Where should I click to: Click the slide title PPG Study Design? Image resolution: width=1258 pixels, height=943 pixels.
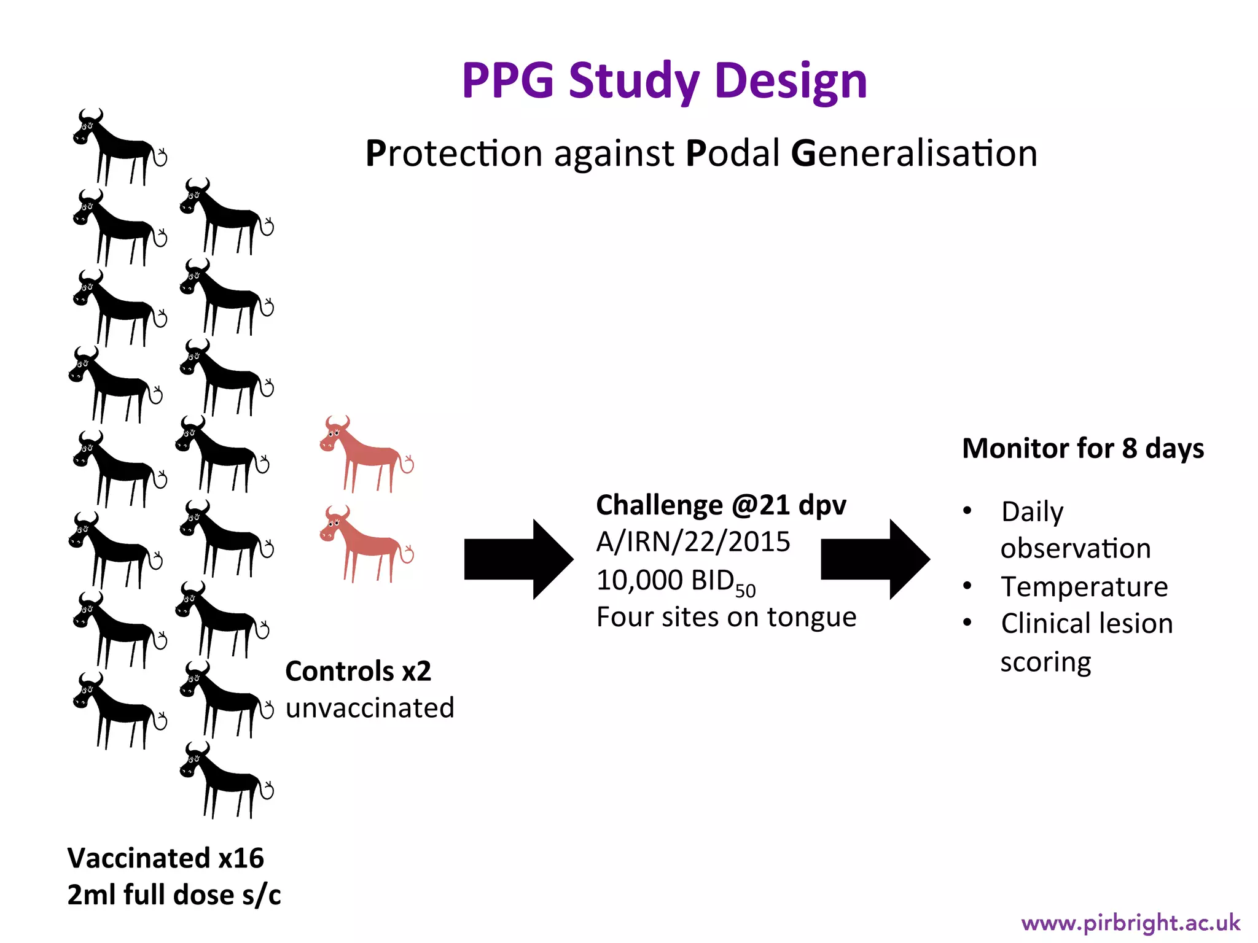point(664,81)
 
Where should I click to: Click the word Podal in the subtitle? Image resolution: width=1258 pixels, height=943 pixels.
point(732,153)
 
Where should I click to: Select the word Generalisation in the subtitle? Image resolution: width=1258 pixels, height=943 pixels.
point(914,153)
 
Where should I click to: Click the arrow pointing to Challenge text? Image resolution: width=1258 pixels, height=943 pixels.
point(518,559)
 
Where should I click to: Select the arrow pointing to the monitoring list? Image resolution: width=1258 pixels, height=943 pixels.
point(874,559)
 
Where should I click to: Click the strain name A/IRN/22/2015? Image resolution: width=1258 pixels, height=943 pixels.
point(693,542)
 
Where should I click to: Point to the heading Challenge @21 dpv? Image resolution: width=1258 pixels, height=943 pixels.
point(721,506)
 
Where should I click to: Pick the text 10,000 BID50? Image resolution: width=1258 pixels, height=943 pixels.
point(676,581)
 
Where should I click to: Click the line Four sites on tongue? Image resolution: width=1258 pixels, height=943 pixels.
point(726,618)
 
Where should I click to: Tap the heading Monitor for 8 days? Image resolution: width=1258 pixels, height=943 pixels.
point(1082,449)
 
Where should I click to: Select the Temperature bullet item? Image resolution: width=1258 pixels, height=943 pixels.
point(1084,587)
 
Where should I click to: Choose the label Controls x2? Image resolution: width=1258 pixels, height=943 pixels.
point(358,672)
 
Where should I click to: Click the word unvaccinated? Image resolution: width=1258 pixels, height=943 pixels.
point(370,708)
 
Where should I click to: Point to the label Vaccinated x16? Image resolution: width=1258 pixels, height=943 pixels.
point(165,858)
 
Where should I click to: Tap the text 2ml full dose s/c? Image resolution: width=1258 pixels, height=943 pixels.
point(174,895)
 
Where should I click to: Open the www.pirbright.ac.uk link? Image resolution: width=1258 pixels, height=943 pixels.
point(1130,923)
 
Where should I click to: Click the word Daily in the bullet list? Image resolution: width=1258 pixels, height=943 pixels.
point(1032,512)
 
